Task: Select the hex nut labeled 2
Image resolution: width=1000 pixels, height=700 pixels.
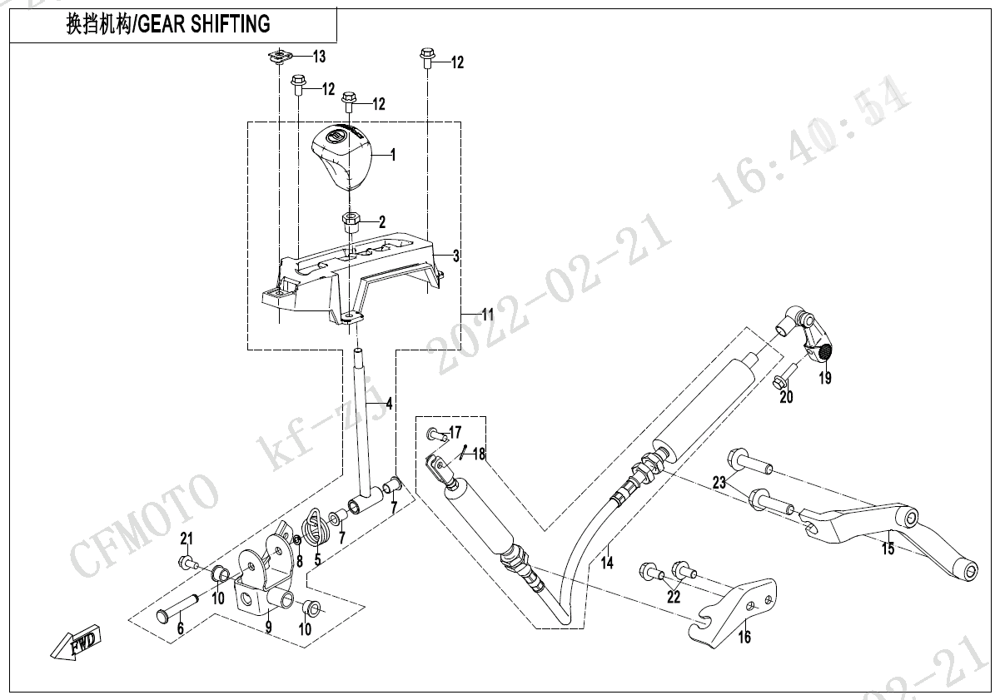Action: [351, 223]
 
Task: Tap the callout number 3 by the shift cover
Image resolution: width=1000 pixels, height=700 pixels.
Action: [456, 256]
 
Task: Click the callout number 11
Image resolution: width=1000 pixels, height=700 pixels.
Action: [487, 315]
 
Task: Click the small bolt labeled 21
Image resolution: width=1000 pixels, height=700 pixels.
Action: [186, 563]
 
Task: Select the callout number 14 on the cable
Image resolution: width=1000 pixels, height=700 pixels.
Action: [607, 563]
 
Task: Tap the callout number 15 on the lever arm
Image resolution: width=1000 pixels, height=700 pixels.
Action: [888, 549]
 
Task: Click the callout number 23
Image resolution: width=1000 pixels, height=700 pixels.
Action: [719, 482]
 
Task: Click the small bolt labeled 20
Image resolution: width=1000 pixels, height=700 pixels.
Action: [779, 382]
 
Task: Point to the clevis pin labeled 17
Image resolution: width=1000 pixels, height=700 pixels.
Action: [434, 433]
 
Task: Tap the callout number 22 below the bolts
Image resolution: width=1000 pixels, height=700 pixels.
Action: [674, 597]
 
